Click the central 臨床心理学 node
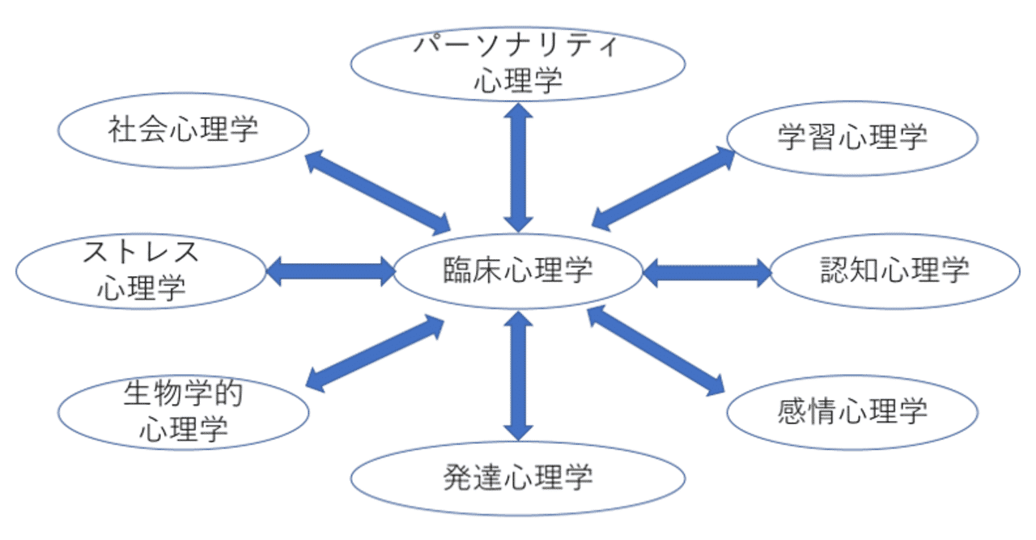518,271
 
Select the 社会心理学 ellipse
185,130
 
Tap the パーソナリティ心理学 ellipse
518,65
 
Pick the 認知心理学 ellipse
894,271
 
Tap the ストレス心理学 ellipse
142,271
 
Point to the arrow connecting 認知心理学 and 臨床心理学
707,272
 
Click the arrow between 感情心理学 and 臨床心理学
656,350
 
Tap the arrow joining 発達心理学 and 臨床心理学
518,375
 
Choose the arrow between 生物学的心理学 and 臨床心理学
376,354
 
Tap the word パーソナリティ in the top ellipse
518,46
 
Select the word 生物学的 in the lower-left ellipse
185,393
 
